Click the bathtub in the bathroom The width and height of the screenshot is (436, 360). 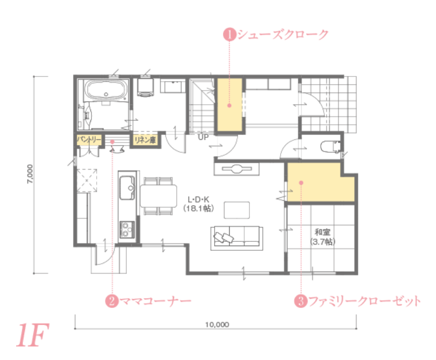coord(106,90)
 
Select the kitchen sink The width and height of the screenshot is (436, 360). coord(127,188)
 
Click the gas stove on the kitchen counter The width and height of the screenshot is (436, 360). coord(127,229)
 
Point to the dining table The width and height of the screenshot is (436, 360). coord(158,196)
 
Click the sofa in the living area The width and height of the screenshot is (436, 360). coord(236,238)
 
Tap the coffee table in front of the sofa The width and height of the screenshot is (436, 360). coord(236,210)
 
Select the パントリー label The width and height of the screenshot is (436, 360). coord(89,139)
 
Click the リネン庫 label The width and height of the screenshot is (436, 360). coord(145,140)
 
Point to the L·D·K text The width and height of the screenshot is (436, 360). coord(199,199)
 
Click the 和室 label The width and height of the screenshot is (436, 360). coord(323,232)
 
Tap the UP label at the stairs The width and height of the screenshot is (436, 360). coord(203,137)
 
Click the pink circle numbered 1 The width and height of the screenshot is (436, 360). coord(230,34)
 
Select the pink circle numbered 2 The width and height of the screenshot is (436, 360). coord(112,301)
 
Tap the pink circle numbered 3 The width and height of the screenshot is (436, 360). coord(301,301)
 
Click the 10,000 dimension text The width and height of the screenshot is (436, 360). coord(217,325)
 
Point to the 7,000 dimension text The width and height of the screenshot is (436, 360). coord(30,174)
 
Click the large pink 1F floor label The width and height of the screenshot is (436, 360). coord(33,335)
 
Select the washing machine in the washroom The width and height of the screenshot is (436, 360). coord(145,87)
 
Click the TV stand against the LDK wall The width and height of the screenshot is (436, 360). coord(236,169)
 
